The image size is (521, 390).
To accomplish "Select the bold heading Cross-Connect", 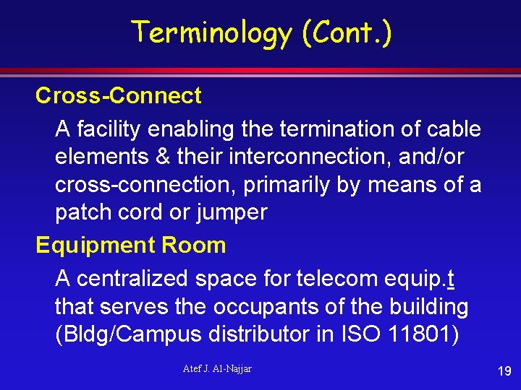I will pos(119,95).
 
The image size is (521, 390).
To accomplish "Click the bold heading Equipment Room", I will pos(131,245).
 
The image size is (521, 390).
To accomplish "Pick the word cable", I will pos(453,129).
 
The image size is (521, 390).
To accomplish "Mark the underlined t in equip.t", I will pos(451,278).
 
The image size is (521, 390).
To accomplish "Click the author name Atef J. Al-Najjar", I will pos(217,369).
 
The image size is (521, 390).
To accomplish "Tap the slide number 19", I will pos(504,371).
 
